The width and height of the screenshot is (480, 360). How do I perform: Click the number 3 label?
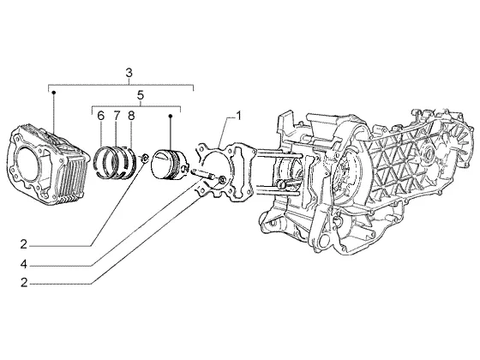pyautogui.click(x=129, y=73)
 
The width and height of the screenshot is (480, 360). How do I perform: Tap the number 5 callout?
pyautogui.click(x=141, y=95)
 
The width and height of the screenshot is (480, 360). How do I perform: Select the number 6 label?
pyautogui.click(x=101, y=116)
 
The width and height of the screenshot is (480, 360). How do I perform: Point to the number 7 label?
pyautogui.click(x=117, y=116)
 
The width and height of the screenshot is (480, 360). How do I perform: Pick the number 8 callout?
pyautogui.click(x=131, y=116)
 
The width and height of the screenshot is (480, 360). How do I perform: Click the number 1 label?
pyautogui.click(x=238, y=116)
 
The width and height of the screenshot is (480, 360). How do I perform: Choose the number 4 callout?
pyautogui.click(x=24, y=264)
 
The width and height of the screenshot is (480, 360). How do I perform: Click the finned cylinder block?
pyautogui.click(x=47, y=165)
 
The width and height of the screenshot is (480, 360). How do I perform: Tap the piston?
pyautogui.click(x=169, y=163)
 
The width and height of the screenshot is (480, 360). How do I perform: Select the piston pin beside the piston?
pyautogui.click(x=202, y=173)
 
